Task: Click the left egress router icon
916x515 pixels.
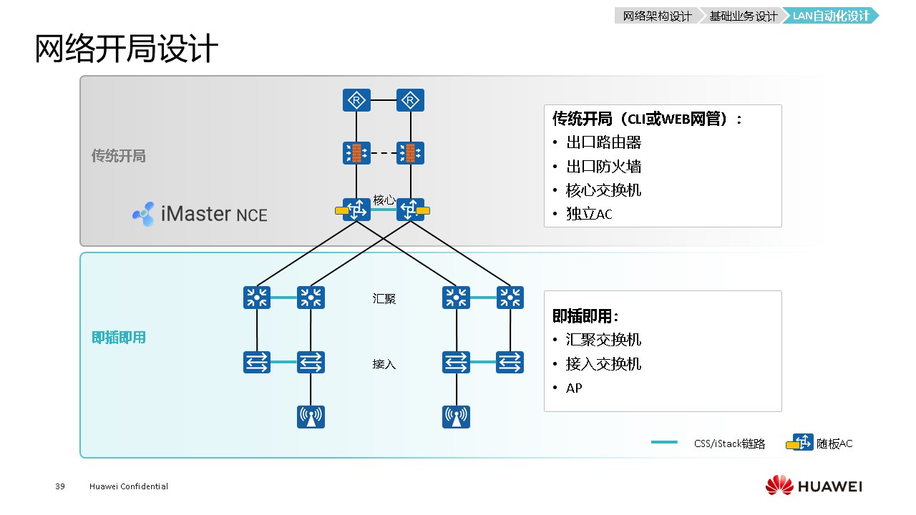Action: [x=356, y=101]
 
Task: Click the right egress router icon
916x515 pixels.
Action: [x=410, y=101]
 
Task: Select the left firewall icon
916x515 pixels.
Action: [x=356, y=153]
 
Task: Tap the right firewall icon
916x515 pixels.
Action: [x=410, y=153]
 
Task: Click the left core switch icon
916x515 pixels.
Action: [x=356, y=210]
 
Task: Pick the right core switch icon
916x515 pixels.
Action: [x=410, y=210]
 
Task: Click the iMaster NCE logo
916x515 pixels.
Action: [x=200, y=214]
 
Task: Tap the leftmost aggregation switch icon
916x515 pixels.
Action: [x=257, y=298]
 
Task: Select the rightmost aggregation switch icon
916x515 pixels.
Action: [x=510, y=298]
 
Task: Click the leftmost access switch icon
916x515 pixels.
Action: [x=257, y=362]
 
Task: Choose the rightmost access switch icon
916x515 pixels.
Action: [x=510, y=362]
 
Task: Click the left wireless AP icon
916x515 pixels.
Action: [x=311, y=416]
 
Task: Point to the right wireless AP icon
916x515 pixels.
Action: [x=457, y=416]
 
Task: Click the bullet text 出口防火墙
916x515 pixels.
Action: [x=603, y=167]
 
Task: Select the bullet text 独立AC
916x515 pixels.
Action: [x=589, y=214]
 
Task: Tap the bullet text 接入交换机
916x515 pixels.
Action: [x=603, y=364]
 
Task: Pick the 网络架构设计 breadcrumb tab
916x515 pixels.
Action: [x=657, y=16]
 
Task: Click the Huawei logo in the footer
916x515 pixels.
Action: [x=814, y=486]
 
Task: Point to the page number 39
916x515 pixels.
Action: [x=60, y=486]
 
